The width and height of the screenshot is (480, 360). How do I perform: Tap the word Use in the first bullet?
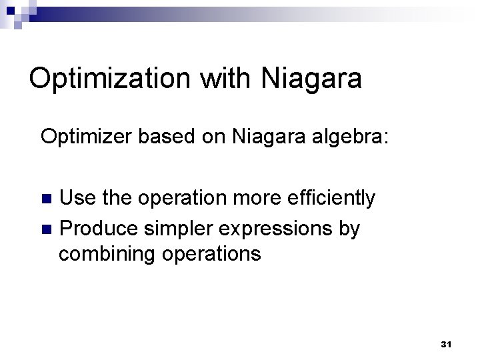[75, 198]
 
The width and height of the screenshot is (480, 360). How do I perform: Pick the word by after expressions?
[350, 229]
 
